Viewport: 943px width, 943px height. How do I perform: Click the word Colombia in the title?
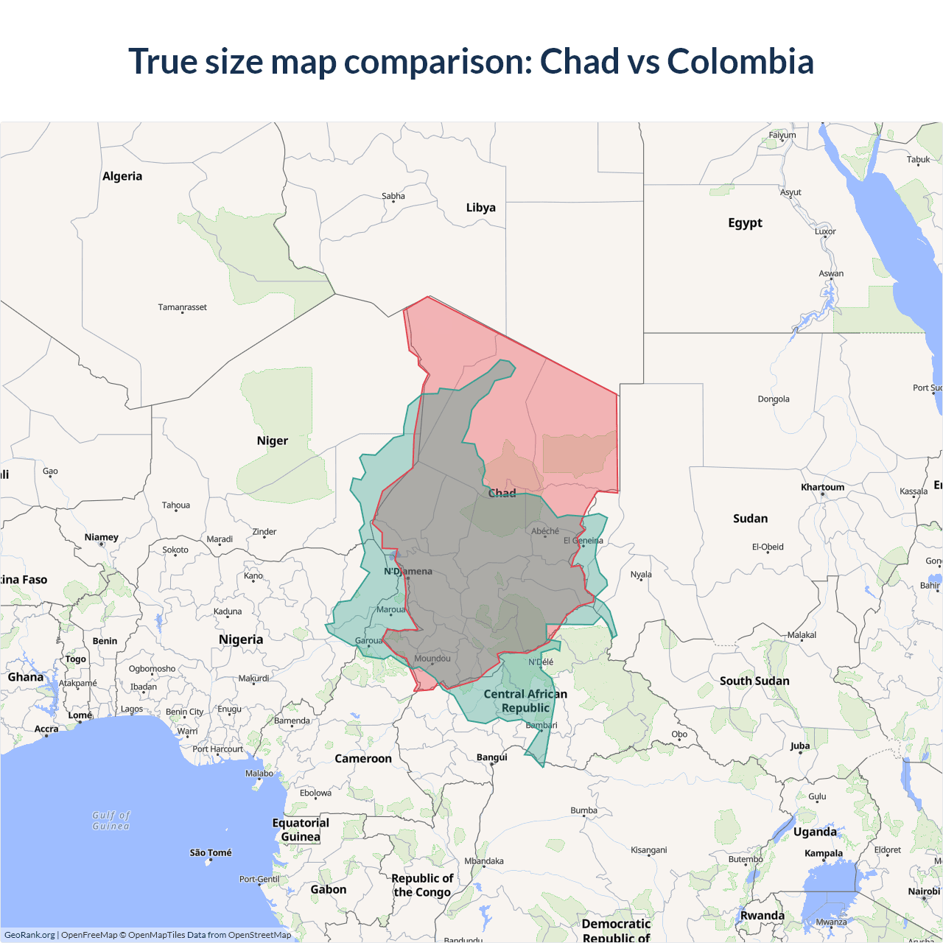point(740,61)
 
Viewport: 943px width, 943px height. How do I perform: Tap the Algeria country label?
point(122,176)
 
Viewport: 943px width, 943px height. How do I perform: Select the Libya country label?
point(480,208)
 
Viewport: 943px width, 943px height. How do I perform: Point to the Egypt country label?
point(745,222)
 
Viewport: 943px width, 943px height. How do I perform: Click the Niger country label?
point(272,441)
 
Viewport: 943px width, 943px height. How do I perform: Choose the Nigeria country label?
point(240,639)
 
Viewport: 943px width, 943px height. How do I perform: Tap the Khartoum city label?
point(822,487)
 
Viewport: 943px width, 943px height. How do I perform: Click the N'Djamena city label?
point(408,571)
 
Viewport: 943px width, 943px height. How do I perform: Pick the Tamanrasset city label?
point(182,307)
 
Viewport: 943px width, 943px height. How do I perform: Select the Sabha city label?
point(393,196)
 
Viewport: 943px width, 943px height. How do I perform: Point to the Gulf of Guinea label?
point(111,821)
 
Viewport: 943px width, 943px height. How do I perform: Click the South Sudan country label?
point(754,681)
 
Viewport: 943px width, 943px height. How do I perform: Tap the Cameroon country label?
point(363,758)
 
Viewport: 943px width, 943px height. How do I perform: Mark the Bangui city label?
point(491,757)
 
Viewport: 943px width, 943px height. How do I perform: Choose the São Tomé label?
point(211,852)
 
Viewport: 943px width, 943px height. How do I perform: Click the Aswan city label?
point(831,273)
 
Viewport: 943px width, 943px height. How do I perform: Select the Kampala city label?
point(823,853)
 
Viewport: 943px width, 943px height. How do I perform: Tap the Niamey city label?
point(101,537)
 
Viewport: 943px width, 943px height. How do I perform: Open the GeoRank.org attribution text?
point(29,935)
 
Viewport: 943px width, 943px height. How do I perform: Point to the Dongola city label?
point(773,399)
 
